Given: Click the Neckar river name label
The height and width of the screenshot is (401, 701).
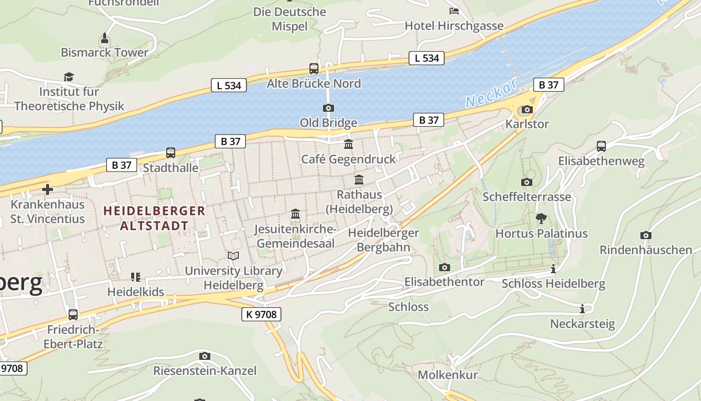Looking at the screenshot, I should click(491, 93).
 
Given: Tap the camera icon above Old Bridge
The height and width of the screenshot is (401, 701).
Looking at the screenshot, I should click(328, 108).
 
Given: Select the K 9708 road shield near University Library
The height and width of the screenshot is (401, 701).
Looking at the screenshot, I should click(261, 314).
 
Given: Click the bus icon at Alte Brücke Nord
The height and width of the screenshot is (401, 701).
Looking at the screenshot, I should click(314, 69).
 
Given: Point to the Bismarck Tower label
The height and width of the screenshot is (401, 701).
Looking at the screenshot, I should click(105, 52).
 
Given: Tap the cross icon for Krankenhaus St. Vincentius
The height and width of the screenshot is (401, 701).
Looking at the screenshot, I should click(48, 189).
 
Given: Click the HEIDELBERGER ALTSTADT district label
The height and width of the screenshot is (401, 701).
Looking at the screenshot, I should click(154, 218).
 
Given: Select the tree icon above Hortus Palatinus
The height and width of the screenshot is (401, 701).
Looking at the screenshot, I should click(541, 219).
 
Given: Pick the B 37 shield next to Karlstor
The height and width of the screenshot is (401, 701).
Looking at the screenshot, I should click(548, 85).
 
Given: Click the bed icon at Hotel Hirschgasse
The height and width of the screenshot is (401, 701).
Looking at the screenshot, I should click(454, 11).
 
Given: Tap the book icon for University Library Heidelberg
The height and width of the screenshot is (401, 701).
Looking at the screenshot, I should click(233, 256).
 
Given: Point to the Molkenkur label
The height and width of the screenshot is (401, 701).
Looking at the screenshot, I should click(448, 374).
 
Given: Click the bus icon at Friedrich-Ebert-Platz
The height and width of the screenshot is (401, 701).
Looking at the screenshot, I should click(73, 315).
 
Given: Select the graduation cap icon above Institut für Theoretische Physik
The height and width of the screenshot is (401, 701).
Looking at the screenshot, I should click(69, 77).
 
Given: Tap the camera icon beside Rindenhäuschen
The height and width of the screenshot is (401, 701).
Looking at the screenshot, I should click(646, 235).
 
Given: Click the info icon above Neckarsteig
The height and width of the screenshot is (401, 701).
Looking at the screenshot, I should click(582, 309).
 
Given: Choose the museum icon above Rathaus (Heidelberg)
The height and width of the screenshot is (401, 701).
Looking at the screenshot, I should click(359, 179).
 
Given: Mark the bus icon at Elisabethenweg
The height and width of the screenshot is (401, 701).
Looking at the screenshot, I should click(601, 146).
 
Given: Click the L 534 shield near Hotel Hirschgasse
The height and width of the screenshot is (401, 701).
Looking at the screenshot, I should click(427, 58).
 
